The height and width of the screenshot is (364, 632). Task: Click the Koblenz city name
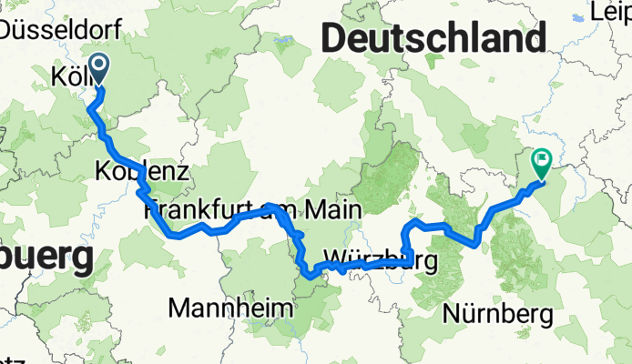[x=141, y=171]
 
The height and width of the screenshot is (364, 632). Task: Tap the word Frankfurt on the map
[x=197, y=211]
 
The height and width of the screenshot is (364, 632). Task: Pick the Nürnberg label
[x=499, y=315]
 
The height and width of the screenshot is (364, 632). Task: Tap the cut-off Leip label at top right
[x=609, y=12]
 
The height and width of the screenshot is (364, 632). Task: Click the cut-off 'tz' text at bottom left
[x=12, y=360]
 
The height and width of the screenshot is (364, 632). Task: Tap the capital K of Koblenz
[x=103, y=171]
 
